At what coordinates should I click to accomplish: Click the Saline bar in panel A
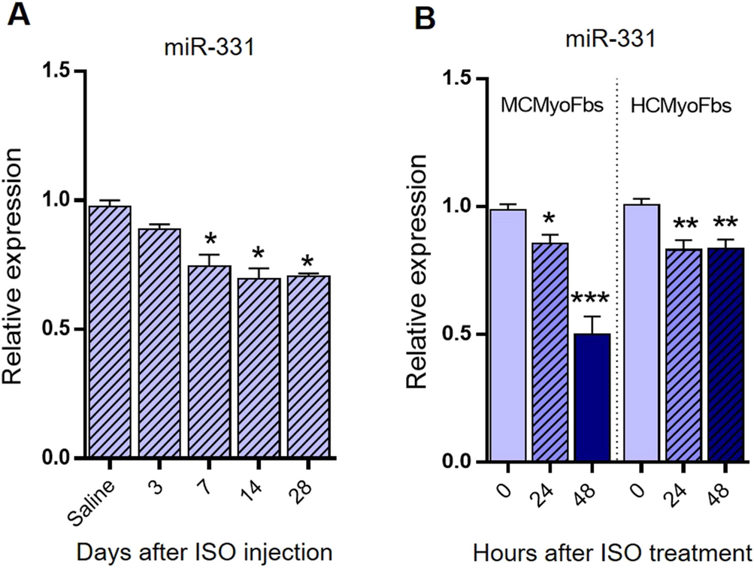110,331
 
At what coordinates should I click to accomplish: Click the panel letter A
20,16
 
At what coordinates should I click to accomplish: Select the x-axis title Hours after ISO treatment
612,551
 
